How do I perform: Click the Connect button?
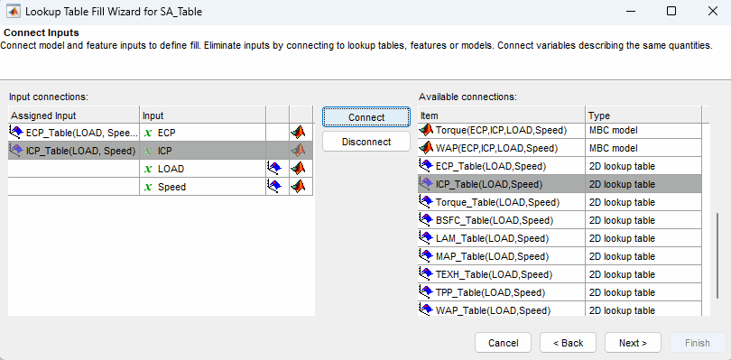(365, 117)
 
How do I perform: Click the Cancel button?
(503, 343)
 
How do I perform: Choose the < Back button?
(568, 343)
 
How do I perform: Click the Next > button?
(633, 343)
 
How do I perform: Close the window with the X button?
(710, 12)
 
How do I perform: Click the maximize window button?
(671, 12)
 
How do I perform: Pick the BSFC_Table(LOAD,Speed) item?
(494, 220)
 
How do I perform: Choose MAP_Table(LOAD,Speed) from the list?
(493, 256)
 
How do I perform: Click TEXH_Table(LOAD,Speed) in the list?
(494, 274)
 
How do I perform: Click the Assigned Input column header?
(72, 115)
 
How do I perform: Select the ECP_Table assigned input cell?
(72, 133)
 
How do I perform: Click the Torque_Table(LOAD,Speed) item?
(495, 202)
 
